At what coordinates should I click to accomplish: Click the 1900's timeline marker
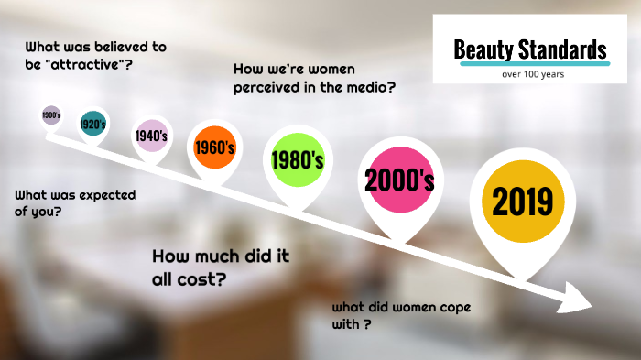pos(51,115)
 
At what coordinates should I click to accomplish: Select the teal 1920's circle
pos(92,123)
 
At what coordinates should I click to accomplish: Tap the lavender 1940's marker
pos(150,136)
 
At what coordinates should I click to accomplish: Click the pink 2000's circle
pos(399,180)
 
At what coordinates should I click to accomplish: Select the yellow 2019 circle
pos(522,200)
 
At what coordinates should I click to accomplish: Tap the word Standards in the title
pos(564,49)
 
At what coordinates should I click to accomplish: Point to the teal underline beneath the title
pos(532,64)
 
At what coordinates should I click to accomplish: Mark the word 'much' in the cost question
pos(207,256)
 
